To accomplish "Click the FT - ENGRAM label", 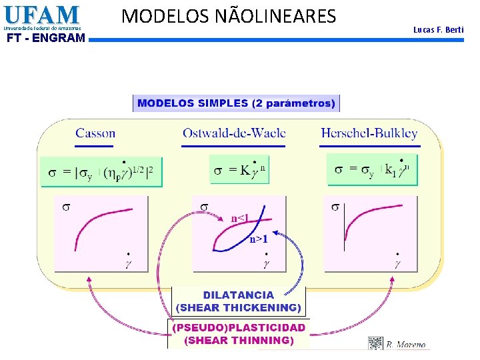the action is (x=45, y=38).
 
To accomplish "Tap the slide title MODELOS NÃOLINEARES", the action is (x=229, y=15).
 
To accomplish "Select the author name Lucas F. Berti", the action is (x=438, y=30).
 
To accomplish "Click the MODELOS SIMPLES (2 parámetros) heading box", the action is (x=237, y=103).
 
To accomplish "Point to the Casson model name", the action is (x=95, y=133).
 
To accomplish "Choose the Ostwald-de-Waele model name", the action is (x=234, y=133).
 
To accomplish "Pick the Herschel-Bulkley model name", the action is (x=369, y=133).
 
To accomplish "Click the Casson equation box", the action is (x=101, y=171).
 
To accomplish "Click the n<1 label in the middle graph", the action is (x=241, y=218).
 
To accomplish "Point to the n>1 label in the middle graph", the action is (x=258, y=239).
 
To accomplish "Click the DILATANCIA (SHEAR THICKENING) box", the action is (x=238, y=301).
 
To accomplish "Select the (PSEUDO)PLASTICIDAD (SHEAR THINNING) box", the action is (x=238, y=334).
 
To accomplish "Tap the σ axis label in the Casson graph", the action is (x=65, y=207).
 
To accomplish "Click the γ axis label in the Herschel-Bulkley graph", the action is (x=397, y=262).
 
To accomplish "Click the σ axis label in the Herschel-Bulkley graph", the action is (x=335, y=207).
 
